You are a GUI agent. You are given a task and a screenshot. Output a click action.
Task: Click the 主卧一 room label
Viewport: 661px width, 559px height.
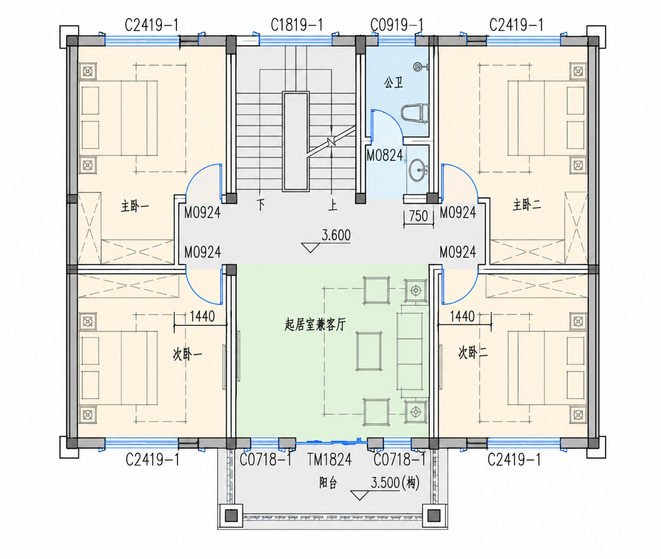[x=135, y=207]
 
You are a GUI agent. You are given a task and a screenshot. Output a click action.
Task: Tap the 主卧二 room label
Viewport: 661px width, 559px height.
[x=527, y=205]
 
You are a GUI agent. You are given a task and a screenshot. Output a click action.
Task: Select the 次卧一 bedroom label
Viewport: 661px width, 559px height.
[x=187, y=354]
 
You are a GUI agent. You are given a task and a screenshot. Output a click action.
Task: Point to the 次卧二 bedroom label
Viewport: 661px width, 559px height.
[x=472, y=353]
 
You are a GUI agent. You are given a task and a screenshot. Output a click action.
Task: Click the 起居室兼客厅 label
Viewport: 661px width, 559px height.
[x=315, y=325]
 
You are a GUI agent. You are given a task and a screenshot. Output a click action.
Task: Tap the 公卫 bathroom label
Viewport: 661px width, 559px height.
[x=393, y=83]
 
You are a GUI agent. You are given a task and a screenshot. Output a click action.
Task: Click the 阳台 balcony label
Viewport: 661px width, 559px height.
[x=328, y=483]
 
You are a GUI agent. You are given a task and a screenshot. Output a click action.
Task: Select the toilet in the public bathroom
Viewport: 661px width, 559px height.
[x=415, y=113]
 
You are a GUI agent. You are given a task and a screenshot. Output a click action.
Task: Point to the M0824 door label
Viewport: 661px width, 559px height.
[x=385, y=156]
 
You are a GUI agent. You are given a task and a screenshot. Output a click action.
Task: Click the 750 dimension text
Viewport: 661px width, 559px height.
[x=418, y=216]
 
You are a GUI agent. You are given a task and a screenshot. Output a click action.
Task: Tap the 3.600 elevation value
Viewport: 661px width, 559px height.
[x=336, y=236]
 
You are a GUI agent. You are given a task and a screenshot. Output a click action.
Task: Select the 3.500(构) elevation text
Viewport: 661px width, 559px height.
[x=395, y=483]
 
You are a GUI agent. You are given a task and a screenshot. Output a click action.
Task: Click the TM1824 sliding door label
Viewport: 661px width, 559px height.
[x=330, y=460]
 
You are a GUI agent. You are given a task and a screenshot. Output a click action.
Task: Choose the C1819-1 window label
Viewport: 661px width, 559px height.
[x=297, y=25]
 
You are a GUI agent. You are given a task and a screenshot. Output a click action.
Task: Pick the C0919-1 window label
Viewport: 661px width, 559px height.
[x=397, y=25]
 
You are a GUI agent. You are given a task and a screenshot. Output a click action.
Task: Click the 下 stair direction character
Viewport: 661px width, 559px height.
[x=261, y=205]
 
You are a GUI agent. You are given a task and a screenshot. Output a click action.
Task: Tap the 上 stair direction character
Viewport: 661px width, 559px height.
[x=332, y=205]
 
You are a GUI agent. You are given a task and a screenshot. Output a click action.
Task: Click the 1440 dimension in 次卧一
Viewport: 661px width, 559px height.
[x=202, y=317]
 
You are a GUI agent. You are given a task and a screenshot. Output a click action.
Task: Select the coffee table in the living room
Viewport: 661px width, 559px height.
[x=369, y=351]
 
